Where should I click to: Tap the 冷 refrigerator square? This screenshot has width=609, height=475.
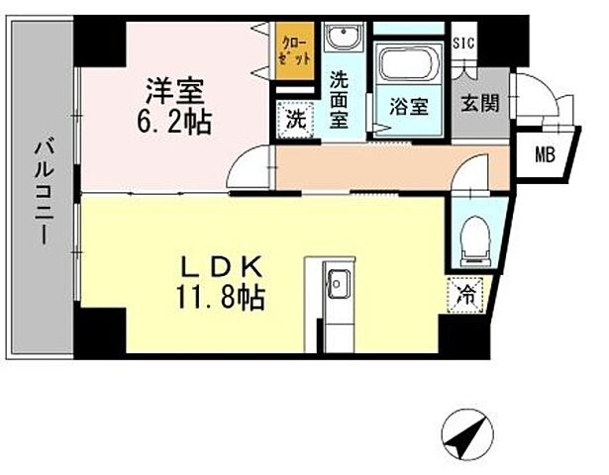pos(465,293)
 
